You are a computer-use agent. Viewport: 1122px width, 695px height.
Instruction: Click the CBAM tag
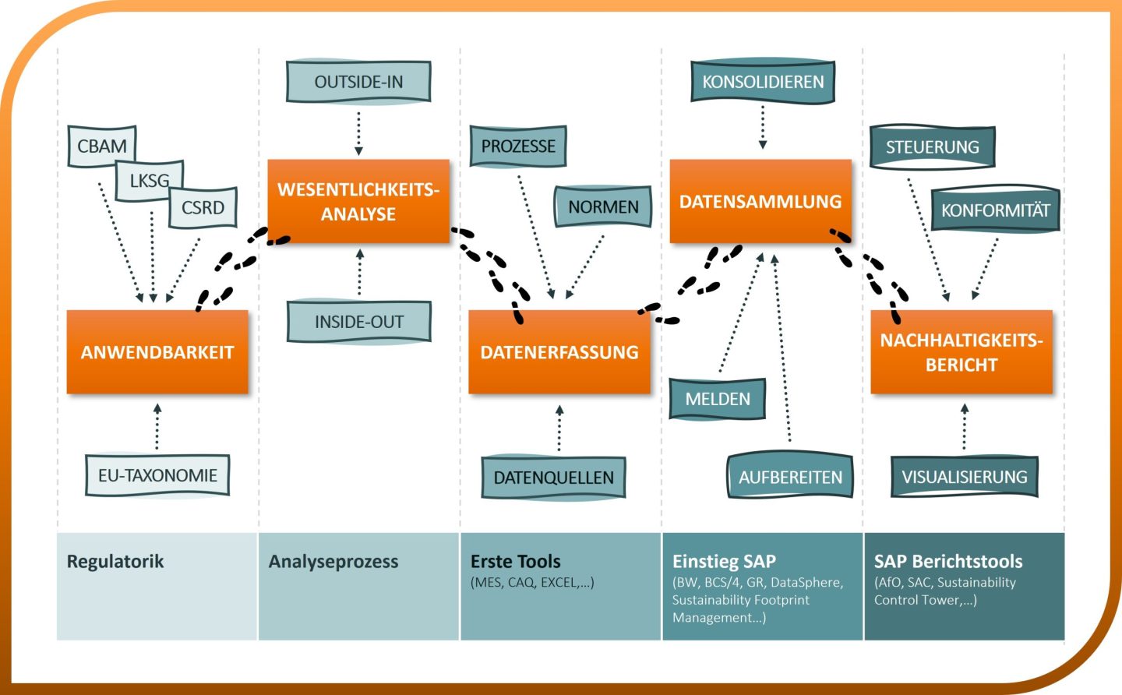101,146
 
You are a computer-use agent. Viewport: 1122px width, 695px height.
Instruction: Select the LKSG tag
149,181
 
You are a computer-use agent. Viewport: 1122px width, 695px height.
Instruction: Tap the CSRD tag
203,208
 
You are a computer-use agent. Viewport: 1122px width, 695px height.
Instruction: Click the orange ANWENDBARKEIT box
157,352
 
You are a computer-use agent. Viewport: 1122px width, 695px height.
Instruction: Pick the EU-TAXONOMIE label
157,475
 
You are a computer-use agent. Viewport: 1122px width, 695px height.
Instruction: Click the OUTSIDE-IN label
358,82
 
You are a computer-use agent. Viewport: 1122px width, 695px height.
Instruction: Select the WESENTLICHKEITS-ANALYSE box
358,202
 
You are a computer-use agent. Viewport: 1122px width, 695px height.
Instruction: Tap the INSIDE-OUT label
358,322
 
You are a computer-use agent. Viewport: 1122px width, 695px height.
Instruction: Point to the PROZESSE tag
518,146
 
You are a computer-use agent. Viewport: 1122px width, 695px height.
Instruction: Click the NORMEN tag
603,207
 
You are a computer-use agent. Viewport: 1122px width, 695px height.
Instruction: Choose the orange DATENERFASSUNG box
559,352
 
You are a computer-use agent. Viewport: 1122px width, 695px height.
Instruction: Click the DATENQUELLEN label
553,478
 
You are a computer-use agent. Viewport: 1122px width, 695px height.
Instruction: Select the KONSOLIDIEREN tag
763,82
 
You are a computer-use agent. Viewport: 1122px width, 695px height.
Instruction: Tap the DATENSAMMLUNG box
760,202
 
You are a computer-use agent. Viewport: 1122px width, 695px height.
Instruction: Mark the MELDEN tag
718,399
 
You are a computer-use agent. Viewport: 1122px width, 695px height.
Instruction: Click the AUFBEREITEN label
790,477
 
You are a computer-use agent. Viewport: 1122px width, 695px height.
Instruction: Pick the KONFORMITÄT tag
995,210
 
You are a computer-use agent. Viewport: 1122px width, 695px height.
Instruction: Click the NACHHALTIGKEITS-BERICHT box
961,352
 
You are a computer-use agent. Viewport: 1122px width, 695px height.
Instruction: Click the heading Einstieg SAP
724,562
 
